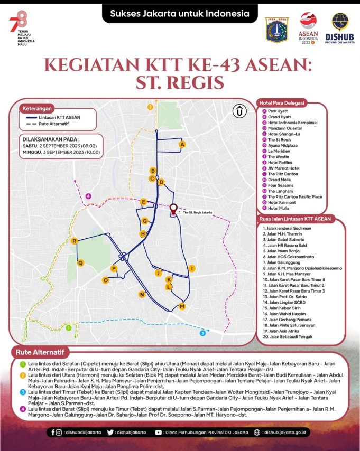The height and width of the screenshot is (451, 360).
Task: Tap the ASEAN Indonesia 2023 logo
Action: point(308,28)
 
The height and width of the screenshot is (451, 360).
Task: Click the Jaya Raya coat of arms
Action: point(277,30)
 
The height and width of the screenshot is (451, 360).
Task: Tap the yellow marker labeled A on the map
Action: point(182,144)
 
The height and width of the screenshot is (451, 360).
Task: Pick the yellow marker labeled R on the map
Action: point(75,241)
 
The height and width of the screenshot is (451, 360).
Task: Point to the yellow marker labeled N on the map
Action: point(142,294)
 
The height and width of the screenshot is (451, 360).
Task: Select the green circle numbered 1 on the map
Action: point(68,328)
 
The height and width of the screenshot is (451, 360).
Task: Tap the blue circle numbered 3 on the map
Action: point(202,333)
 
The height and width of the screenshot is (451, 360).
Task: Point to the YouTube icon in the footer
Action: point(159,432)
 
